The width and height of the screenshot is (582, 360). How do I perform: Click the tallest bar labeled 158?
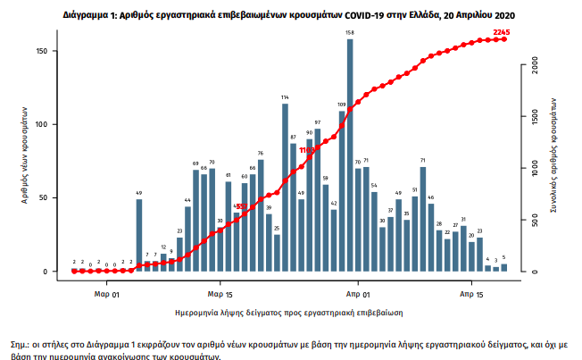click(350, 155)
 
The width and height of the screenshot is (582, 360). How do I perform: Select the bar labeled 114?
click(285, 188)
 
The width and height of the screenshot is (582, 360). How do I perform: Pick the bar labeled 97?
click(317, 199)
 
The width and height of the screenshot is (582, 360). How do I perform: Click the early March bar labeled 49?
click(139, 235)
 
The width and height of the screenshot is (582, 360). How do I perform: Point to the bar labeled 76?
click(261, 215)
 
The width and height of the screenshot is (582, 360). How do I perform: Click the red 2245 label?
click(502, 33)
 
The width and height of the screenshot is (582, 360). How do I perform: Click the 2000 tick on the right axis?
click(533, 65)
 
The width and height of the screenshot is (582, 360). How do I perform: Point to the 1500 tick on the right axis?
click(533, 117)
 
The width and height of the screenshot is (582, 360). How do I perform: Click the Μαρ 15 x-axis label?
click(220, 293)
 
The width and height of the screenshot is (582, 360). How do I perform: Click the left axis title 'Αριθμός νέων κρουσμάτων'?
click(26, 161)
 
